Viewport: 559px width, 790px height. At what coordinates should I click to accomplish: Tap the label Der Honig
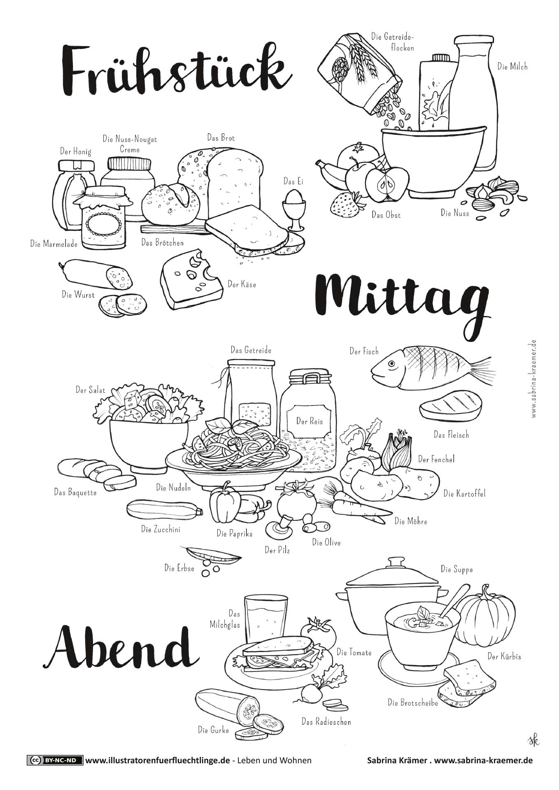pos(76,151)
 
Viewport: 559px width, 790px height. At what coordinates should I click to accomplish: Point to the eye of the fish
pos(391,364)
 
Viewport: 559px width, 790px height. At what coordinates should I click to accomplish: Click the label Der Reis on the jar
pos(310,421)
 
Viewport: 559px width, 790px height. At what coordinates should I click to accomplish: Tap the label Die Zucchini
pos(161,530)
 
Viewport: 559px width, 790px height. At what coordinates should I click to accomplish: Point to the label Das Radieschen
pos(326,722)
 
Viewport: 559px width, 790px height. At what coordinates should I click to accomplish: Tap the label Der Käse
pos(242,284)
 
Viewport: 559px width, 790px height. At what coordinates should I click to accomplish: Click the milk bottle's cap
pos(473,39)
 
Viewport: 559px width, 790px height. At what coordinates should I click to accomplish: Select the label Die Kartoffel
pos(464,493)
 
